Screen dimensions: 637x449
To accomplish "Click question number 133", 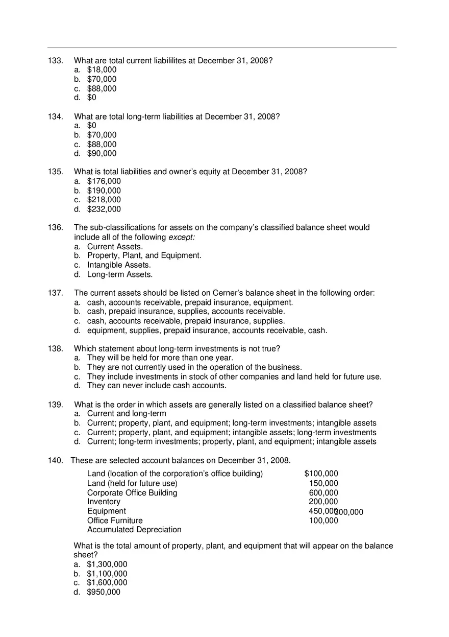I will [x=55, y=61].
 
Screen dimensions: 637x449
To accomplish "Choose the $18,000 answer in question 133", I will [x=102, y=70].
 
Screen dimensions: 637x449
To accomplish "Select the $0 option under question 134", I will [x=92, y=126].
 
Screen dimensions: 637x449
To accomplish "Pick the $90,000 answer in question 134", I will [x=102, y=154].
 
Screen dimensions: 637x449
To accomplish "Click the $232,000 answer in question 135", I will [x=104, y=209].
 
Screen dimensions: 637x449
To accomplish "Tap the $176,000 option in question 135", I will [x=104, y=181].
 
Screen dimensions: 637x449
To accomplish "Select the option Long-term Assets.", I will [x=120, y=275].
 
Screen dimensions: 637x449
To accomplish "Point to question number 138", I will [x=55, y=349].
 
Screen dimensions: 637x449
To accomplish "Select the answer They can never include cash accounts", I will [x=157, y=386].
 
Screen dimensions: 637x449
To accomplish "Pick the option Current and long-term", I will [x=127, y=414].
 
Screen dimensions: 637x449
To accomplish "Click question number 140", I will [x=55, y=461].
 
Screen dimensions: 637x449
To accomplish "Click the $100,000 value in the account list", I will [x=321, y=474].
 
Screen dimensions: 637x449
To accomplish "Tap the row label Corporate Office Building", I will [x=132, y=493].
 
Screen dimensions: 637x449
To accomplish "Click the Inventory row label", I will [x=104, y=502].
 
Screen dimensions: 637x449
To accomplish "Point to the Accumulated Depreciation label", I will [x=134, y=530].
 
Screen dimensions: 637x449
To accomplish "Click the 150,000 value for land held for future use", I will [x=323, y=484].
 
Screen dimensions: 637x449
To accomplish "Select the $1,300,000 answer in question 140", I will [x=107, y=564].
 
